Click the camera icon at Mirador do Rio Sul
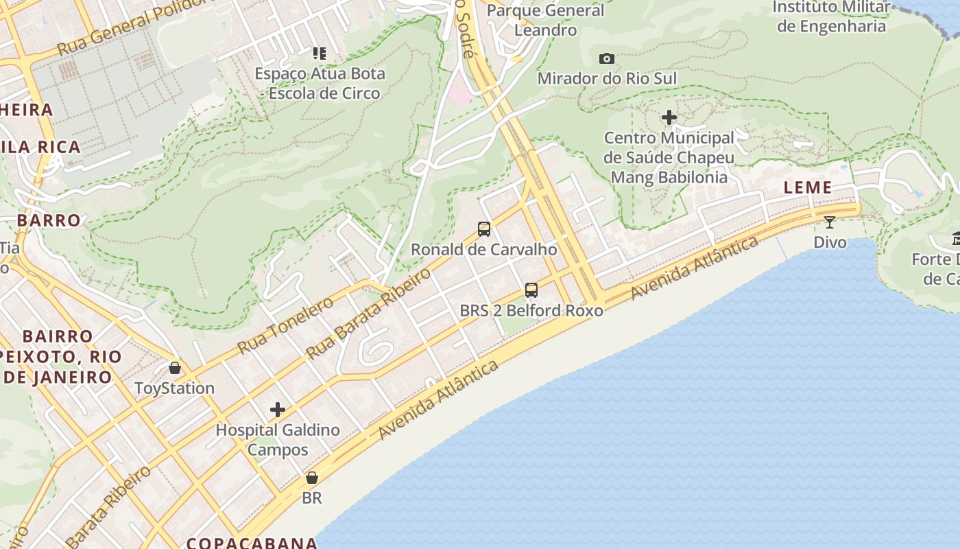[607, 59]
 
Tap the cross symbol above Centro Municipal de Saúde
[669, 117]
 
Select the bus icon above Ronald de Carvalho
[484, 229]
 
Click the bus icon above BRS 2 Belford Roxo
[531, 290]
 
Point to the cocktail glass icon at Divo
[830, 222]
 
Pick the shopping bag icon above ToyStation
[175, 368]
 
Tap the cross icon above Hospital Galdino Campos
[278, 410]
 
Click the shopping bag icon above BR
[312, 478]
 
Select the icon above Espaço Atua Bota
[320, 53]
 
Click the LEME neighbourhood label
[808, 187]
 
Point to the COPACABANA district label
[252, 543]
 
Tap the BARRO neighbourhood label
[49, 220]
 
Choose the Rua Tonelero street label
[285, 326]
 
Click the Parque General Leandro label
[546, 21]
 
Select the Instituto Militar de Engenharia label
[832, 16]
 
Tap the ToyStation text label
[174, 388]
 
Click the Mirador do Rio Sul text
[607, 78]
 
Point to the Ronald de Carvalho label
[483, 250]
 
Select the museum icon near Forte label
[956, 239]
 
